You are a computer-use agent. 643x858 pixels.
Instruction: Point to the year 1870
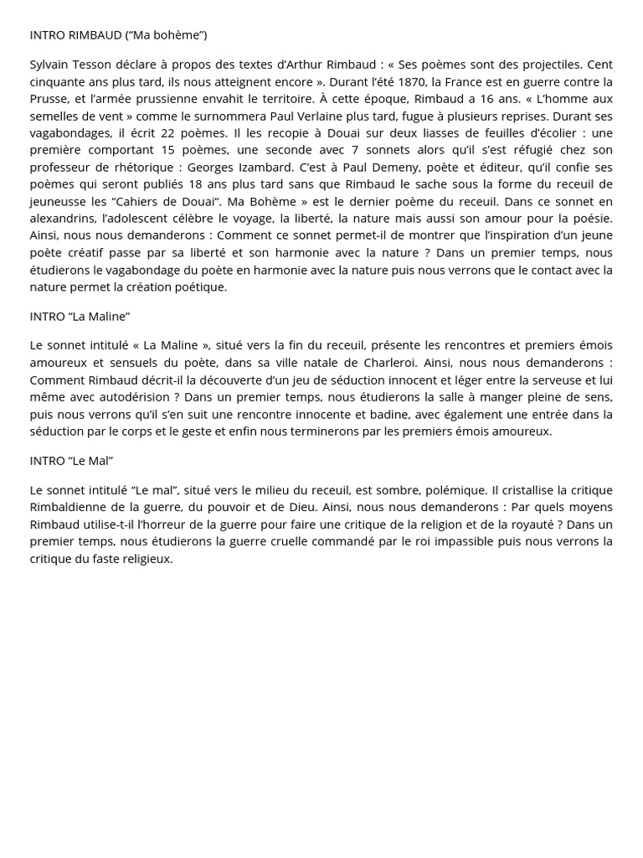(x=409, y=81)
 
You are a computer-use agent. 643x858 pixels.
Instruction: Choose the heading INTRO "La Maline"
(x=80, y=316)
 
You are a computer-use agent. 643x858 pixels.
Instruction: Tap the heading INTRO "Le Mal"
(x=71, y=461)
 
